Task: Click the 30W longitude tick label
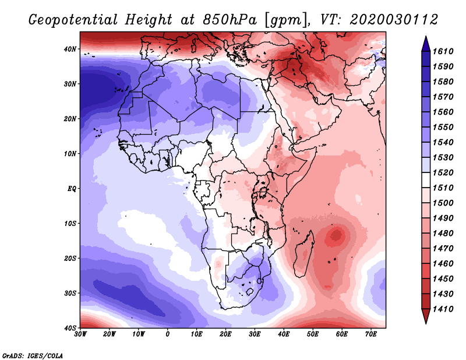(80, 334)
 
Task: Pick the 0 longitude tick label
(168, 334)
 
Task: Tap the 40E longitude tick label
(284, 334)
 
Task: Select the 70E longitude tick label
(371, 334)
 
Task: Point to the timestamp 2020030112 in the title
(394, 19)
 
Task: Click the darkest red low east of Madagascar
(336, 236)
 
